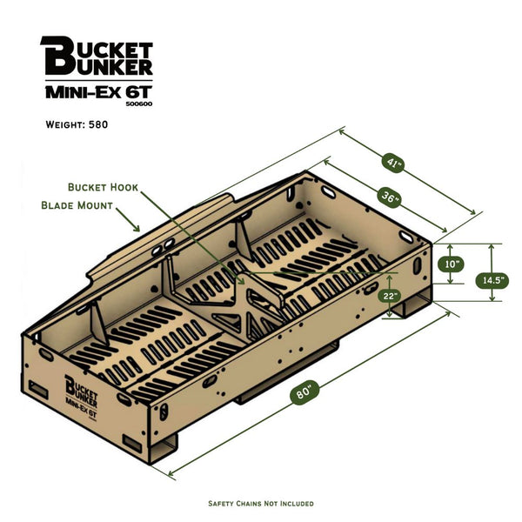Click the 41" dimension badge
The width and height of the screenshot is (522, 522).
point(394,161)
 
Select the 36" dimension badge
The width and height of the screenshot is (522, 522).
point(390,197)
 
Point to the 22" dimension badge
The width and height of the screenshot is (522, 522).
point(390,296)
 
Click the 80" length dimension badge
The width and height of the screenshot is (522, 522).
point(304,392)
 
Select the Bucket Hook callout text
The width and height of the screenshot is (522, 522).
point(103,187)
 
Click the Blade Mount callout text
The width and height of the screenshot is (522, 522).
point(77,206)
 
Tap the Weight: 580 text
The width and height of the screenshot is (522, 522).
point(77,124)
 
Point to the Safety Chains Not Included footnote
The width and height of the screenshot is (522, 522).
point(261,504)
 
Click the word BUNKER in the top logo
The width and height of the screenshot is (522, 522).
point(110,66)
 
